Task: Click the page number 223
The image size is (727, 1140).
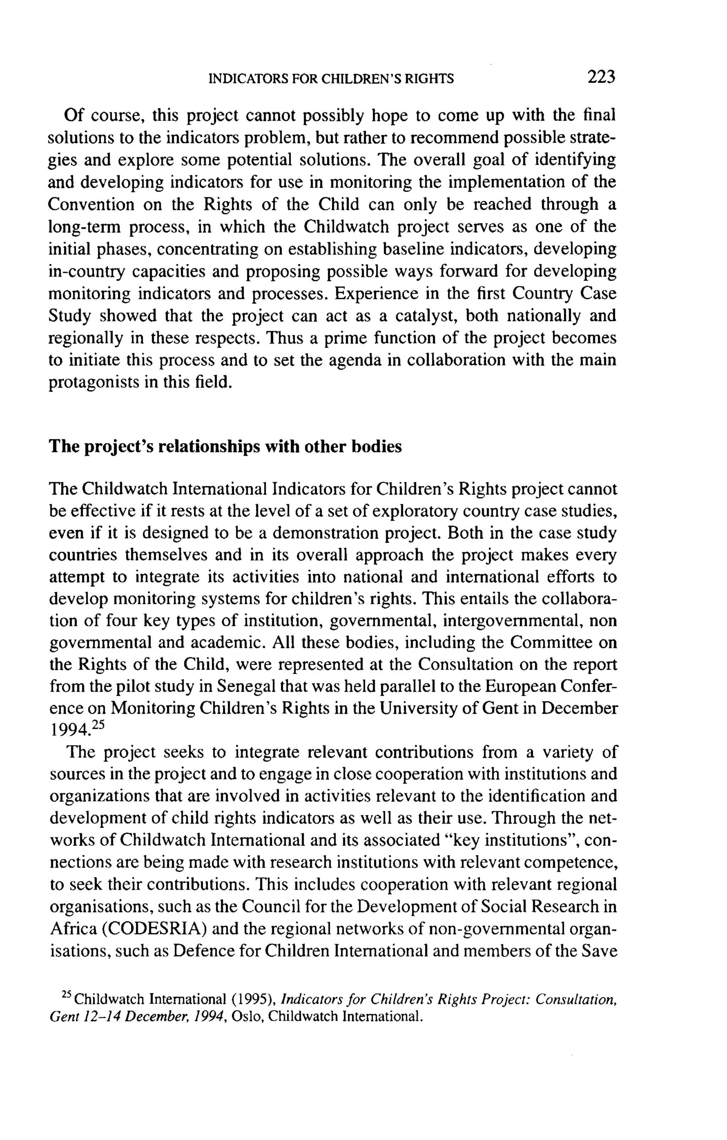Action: (x=601, y=77)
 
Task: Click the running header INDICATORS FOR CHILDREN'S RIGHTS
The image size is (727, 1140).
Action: (x=331, y=78)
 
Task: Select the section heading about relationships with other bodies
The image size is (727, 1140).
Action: (x=225, y=446)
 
